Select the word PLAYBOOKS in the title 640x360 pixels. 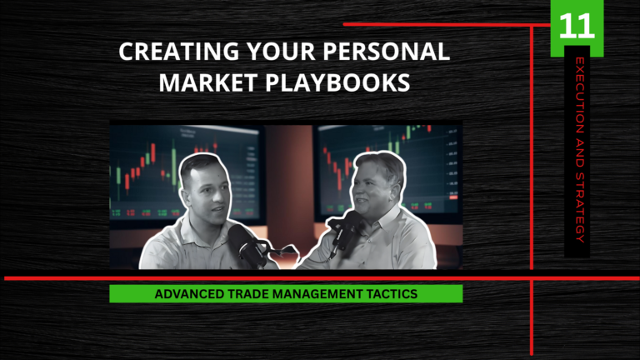tap(337, 82)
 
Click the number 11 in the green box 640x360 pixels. tap(577, 27)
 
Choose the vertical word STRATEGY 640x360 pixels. tap(580, 207)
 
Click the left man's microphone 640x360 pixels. tap(244, 245)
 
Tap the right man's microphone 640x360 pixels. tap(346, 231)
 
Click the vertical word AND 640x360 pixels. tap(580, 152)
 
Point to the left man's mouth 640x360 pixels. tap(218, 210)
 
